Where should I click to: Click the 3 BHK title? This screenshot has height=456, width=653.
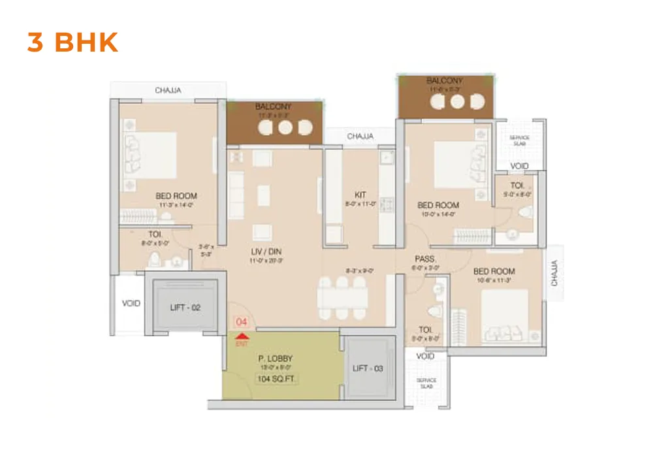[72, 42]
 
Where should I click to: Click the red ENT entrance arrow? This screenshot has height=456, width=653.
[242, 335]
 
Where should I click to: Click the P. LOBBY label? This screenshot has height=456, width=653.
[276, 359]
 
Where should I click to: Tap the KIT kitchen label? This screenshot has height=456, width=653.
[360, 195]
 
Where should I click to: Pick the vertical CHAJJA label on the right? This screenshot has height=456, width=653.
[554, 273]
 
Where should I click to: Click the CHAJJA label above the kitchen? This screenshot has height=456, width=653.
[360, 137]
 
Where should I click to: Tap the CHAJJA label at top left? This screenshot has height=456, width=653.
[168, 90]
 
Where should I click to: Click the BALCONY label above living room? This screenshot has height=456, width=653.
[274, 106]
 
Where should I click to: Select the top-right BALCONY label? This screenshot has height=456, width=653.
[444, 81]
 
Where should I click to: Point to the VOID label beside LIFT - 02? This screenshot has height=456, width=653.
[131, 304]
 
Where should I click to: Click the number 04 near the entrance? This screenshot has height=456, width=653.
[242, 321]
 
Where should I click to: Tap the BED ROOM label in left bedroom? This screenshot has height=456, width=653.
[176, 195]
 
